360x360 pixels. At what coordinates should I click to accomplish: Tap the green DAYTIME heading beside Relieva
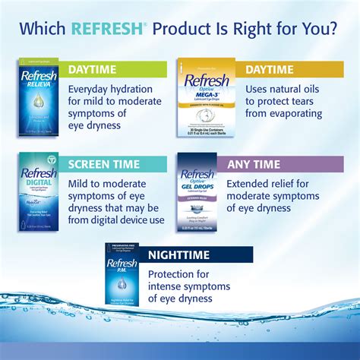pyautogui.click(x=93, y=70)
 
